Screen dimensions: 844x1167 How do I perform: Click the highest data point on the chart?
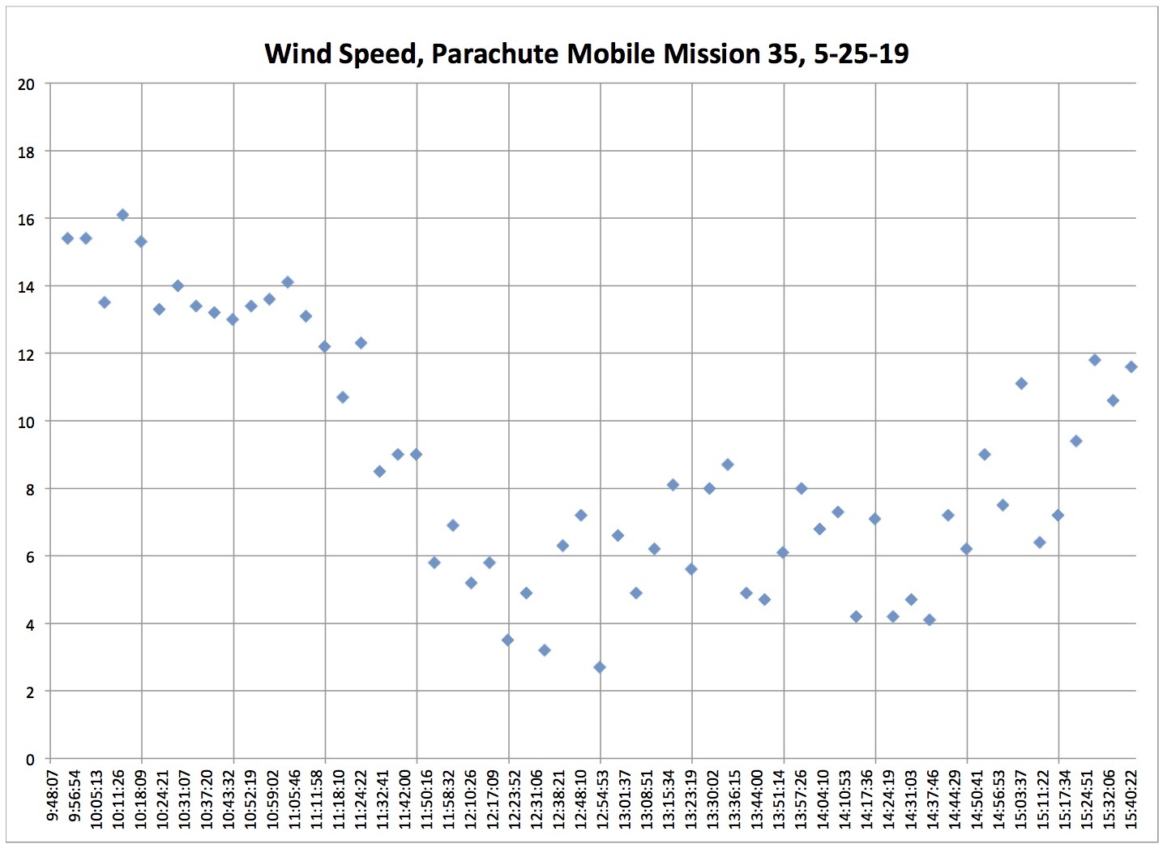[x=122, y=215]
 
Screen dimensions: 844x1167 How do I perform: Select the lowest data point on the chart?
[x=600, y=667]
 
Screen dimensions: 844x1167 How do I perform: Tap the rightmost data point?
[x=1131, y=367]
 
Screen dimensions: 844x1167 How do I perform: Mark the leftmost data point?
[x=67, y=238]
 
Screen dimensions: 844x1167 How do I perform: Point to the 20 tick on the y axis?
[x=27, y=84]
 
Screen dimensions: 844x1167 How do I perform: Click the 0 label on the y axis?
[x=30, y=760]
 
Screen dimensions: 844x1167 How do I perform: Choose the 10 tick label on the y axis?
[x=27, y=422]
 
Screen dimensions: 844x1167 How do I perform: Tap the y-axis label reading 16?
[x=27, y=220]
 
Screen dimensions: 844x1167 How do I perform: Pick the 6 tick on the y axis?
[x=30, y=557]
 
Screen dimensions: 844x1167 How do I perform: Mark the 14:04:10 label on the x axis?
[x=823, y=799]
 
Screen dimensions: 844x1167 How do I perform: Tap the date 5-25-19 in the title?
[x=861, y=54]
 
